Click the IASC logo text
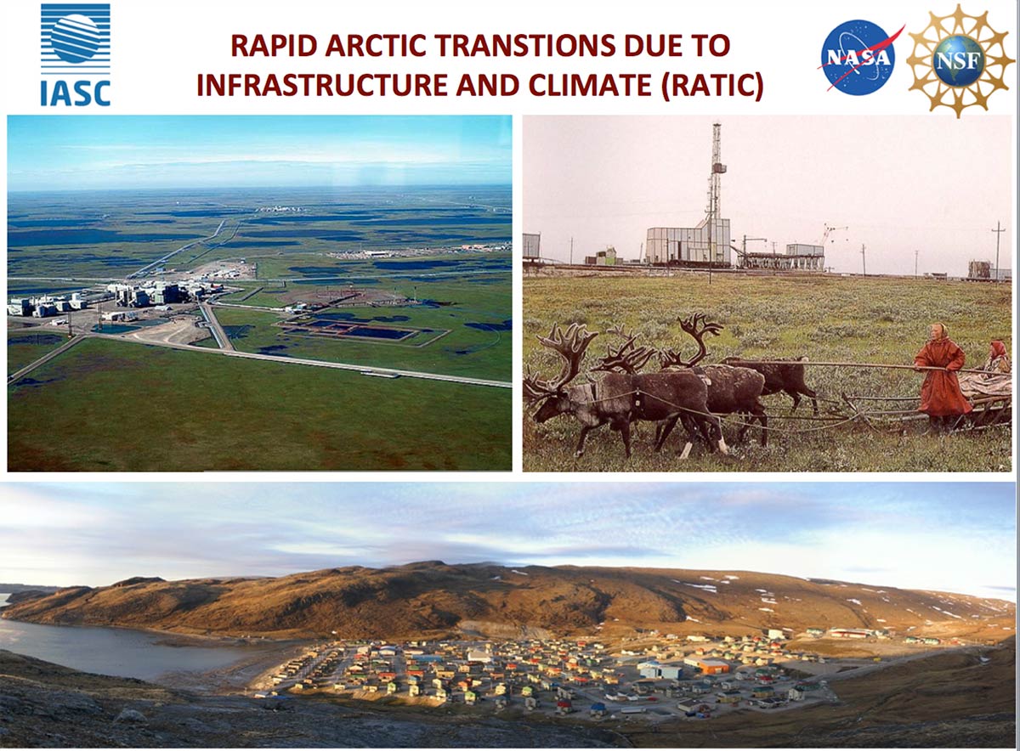(76, 93)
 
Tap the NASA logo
(859, 58)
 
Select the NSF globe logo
(960, 60)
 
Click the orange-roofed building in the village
(713, 667)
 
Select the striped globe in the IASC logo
(76, 38)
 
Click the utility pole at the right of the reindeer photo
(997, 251)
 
